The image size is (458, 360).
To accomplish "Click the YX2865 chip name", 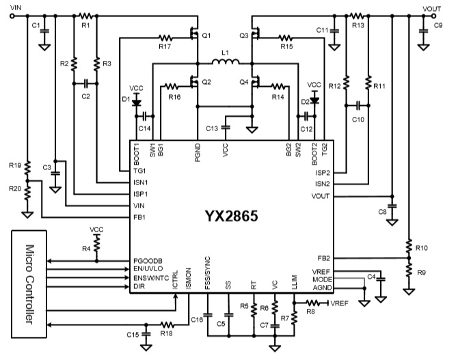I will (x=230, y=217).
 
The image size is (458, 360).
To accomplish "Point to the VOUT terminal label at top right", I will (x=431, y=6).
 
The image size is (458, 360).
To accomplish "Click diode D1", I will (x=136, y=102).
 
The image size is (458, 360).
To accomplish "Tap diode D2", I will (x=314, y=100).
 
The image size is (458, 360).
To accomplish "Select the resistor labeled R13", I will (x=357, y=15).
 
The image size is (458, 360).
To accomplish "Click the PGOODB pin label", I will (x=150, y=261).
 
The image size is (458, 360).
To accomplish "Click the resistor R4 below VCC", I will (x=97, y=243).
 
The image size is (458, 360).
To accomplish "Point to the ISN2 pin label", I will (x=323, y=184).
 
